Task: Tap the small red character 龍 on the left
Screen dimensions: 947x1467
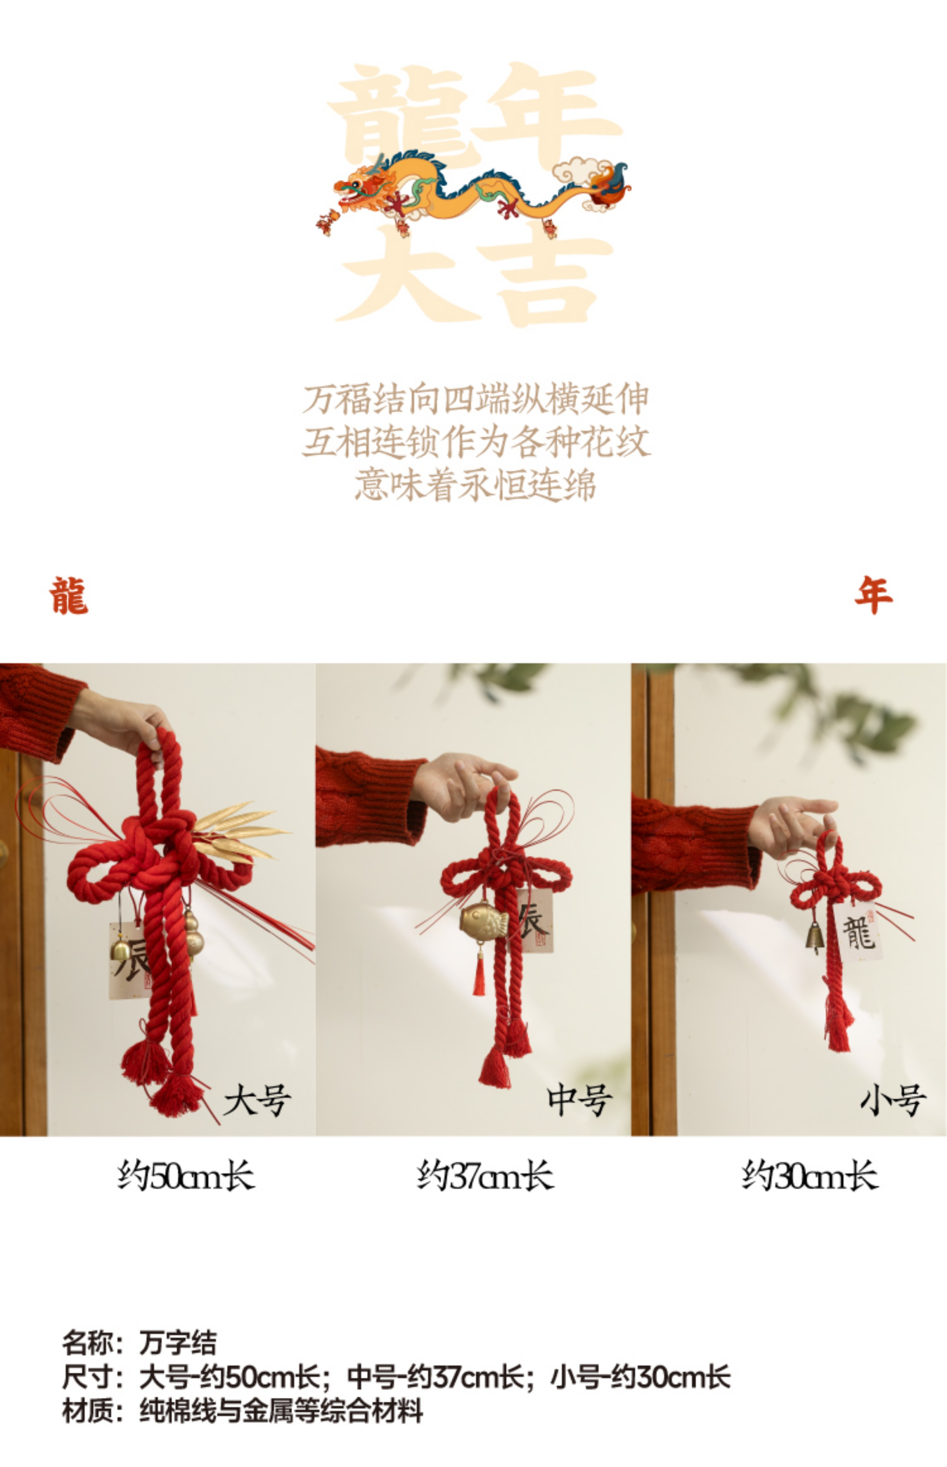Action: (69, 596)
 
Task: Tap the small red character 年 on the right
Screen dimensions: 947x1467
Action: (873, 595)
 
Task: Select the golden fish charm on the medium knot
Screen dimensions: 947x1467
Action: (483, 921)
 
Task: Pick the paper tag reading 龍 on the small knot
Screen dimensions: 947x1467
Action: (858, 933)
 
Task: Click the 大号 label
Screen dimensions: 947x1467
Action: (257, 1100)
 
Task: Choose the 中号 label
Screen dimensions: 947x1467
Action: (579, 1100)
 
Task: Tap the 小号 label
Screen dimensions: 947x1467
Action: (893, 1100)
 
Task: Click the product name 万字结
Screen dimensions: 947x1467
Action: (178, 1343)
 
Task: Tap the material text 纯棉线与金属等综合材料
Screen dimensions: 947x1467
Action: (281, 1410)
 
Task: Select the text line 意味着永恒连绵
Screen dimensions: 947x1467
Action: (475, 485)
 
